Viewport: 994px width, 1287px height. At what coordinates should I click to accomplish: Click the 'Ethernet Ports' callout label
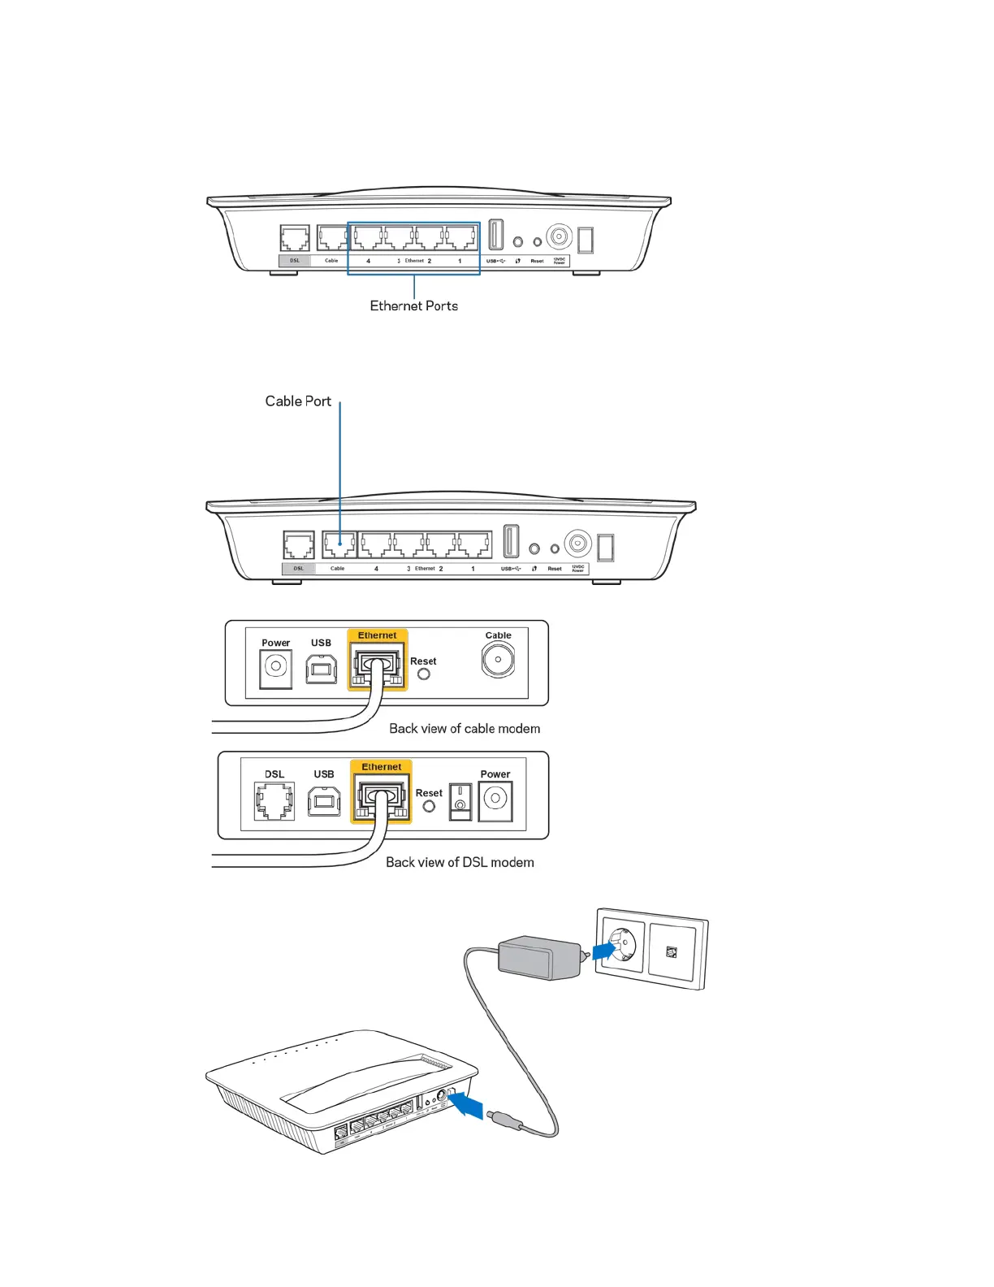point(413,306)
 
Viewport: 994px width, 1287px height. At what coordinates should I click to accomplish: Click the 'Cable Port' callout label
point(298,401)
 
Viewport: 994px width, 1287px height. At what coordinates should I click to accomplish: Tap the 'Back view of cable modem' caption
point(465,729)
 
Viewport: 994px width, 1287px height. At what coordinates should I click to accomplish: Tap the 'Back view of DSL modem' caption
point(460,863)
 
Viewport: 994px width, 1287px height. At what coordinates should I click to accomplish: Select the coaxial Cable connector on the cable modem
point(498,660)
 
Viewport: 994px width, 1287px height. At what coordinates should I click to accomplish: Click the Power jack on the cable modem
point(275,668)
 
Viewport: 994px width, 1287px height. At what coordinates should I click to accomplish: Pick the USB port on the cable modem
point(322,669)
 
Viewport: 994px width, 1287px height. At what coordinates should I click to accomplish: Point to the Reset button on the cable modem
point(424,674)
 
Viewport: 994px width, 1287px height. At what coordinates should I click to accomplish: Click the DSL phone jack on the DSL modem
point(274,800)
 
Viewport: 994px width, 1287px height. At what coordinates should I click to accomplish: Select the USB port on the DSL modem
point(324,801)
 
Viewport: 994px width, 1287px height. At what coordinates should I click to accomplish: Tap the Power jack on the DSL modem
point(495,800)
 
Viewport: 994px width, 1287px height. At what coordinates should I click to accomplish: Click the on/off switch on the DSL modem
point(460,800)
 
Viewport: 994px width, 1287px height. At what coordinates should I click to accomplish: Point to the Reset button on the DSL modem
point(429,806)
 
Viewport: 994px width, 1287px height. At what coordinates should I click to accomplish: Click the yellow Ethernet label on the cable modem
point(378,635)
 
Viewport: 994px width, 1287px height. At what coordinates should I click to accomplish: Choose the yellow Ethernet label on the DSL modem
point(382,766)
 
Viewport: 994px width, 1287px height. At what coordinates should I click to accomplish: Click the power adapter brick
point(537,957)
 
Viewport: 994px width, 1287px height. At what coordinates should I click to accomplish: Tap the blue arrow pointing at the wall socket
point(604,949)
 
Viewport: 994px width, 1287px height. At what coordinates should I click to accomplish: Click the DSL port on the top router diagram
point(295,239)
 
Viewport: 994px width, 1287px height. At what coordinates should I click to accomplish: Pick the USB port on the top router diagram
point(496,235)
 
